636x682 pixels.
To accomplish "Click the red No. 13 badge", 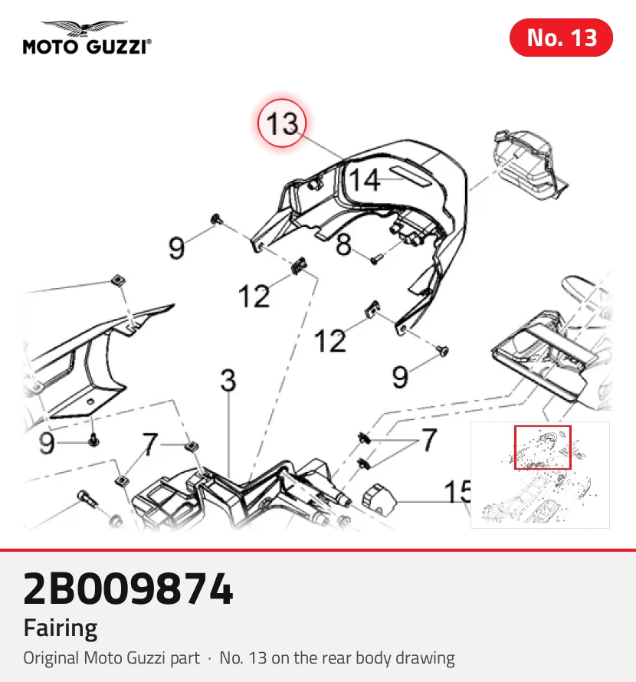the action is [561, 38].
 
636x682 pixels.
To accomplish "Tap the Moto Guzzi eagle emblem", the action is [84, 28].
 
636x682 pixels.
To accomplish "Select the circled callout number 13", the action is [282, 123].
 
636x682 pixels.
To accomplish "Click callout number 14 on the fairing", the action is [365, 180].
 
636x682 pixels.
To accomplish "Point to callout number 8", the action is [343, 244].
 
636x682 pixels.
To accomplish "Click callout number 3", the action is [228, 380].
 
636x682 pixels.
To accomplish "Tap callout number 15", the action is [457, 492].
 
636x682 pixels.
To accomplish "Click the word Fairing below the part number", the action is [61, 628].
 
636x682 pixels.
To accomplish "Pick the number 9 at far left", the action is [47, 443].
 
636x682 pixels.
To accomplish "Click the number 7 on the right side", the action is [429, 440].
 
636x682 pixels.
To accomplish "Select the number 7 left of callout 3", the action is [150, 444].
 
